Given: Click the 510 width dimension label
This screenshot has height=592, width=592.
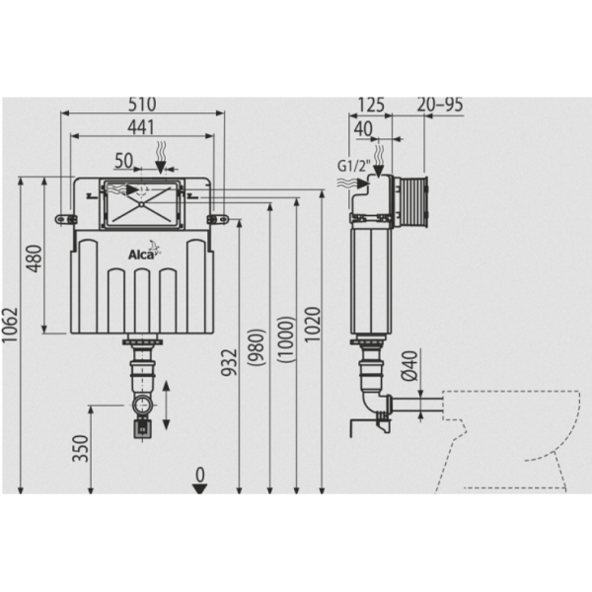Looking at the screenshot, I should (143, 104).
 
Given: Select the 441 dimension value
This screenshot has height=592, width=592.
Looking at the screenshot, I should (143, 124).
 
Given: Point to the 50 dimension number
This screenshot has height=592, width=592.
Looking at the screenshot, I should (124, 159).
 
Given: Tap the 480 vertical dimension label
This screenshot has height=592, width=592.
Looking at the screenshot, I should (34, 259).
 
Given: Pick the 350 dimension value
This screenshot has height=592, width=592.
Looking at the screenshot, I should (79, 454).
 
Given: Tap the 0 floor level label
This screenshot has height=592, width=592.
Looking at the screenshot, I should (200, 475).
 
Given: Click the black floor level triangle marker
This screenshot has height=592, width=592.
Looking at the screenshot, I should (200, 490).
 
